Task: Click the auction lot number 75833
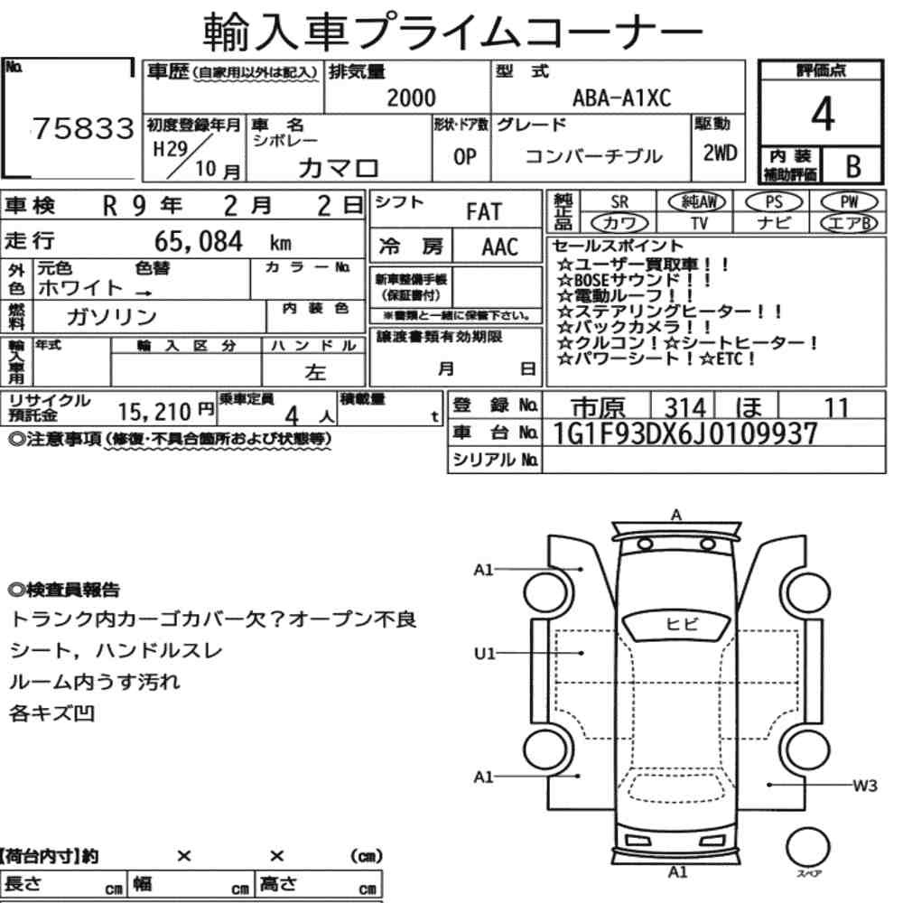point(83,128)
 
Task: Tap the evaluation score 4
point(823,114)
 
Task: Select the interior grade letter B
point(853,166)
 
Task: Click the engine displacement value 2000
point(411,98)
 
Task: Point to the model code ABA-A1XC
point(621,98)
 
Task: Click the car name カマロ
point(339,168)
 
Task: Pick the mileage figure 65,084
point(199,241)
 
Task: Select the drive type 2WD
point(720,154)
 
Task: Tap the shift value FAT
point(484,212)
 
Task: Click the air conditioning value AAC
point(500,247)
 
